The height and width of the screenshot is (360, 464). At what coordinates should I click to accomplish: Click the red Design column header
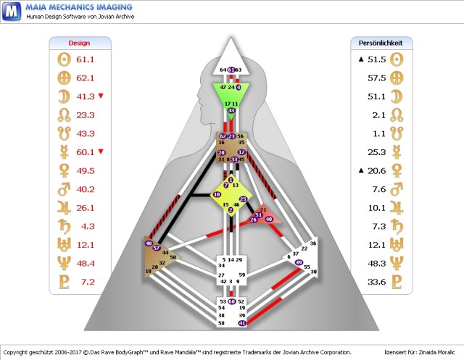tap(79, 43)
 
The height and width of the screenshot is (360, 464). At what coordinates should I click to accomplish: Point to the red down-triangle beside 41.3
tap(101, 96)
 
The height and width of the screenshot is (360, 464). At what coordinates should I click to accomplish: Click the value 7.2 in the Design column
tap(87, 281)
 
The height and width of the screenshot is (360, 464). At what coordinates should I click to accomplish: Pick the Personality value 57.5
tap(376, 78)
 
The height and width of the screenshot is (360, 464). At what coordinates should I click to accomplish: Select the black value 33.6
tap(376, 281)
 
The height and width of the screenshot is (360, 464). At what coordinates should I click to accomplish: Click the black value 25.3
tap(376, 151)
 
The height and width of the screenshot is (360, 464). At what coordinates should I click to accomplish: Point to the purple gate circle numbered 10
tap(216, 195)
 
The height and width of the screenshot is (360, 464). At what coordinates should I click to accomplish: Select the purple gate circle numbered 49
tap(299, 262)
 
